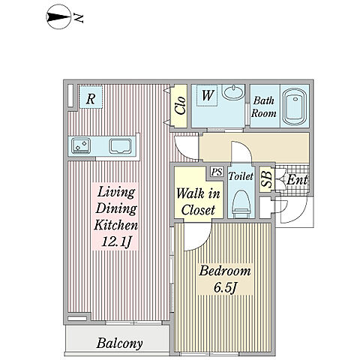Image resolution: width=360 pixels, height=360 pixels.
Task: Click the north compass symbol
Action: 59,17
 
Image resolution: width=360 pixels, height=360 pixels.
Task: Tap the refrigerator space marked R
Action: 91,97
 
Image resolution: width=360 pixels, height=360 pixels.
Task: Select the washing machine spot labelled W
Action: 207,95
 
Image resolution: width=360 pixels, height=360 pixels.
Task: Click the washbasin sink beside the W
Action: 233,91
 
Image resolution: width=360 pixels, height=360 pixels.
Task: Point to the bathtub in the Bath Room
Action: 295,106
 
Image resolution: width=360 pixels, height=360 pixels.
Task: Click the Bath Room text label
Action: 264,106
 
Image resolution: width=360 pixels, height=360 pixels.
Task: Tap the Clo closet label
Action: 181,105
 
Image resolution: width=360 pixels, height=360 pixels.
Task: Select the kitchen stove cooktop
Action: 81,145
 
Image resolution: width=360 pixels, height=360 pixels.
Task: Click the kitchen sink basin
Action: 120,146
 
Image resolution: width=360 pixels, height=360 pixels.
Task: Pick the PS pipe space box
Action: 217,172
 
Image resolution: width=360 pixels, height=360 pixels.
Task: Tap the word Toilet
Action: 241,176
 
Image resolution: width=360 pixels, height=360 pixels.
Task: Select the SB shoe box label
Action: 266,179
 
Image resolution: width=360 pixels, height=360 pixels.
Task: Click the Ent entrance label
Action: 297,179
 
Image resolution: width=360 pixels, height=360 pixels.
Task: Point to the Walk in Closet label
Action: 198,202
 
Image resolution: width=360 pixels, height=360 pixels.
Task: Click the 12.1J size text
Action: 116,241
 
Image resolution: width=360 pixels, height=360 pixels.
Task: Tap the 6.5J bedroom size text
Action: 225,287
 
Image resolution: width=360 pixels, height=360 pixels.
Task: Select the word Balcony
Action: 119,343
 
